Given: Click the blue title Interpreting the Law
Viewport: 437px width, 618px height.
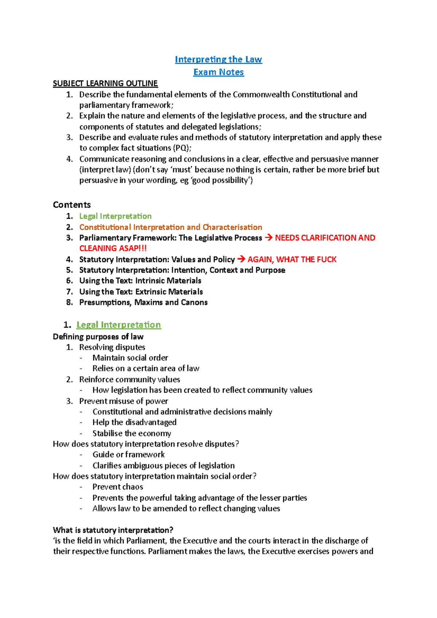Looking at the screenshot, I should (x=218, y=59).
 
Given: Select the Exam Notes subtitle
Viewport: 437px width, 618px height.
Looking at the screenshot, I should (x=219, y=72).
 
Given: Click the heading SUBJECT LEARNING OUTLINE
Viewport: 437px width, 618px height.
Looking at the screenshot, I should (x=105, y=83).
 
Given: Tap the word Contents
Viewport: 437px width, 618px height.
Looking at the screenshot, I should (x=72, y=205).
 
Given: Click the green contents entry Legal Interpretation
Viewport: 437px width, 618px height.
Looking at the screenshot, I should (x=115, y=216).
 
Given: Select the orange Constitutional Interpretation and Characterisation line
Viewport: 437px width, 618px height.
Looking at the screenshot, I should (x=170, y=227).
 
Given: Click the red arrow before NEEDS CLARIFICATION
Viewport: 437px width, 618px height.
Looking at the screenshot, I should (x=268, y=238).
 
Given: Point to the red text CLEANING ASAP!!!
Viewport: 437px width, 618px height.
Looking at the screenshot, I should (x=113, y=248).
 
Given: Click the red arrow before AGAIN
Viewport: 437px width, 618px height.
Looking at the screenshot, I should (x=241, y=260).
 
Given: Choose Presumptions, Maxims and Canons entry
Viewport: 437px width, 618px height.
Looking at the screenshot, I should (x=143, y=302).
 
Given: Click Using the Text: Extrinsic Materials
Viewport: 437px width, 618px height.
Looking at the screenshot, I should (x=141, y=292).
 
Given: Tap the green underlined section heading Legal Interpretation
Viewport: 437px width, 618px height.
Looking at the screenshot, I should (x=118, y=325).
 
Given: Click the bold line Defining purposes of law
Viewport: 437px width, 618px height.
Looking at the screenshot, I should (x=98, y=337).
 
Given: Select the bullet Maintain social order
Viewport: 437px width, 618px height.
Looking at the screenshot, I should (x=130, y=358).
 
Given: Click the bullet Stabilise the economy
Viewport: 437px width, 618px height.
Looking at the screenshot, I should (x=131, y=433).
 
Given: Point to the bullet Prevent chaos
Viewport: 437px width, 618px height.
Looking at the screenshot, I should (x=118, y=487).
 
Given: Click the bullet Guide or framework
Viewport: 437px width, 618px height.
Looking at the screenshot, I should (x=128, y=455).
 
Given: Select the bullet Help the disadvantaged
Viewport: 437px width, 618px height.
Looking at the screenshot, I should (x=134, y=422).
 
